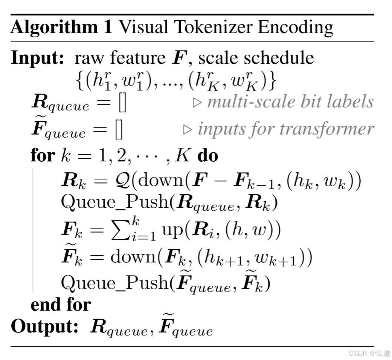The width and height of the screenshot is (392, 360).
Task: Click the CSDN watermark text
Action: coord(358,353)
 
